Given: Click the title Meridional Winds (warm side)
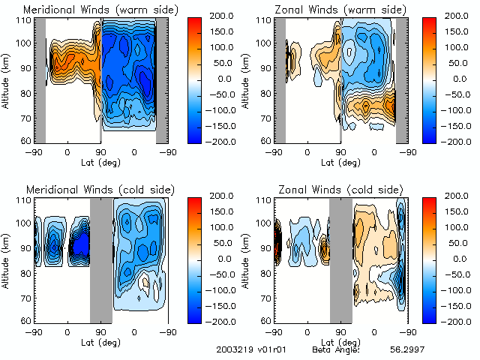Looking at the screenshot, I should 101,10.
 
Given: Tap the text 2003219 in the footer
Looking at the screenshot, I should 232,349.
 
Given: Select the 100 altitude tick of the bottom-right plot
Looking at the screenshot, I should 265,223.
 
